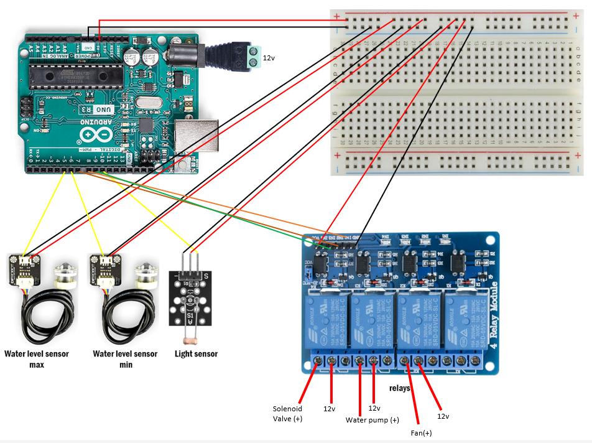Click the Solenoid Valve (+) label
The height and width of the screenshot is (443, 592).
(x=287, y=414)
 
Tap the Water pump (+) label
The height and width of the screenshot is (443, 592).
(x=372, y=420)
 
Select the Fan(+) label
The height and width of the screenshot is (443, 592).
(x=422, y=432)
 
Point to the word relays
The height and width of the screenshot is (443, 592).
(x=400, y=388)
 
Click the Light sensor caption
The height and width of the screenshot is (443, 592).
(x=196, y=354)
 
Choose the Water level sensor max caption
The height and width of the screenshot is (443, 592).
(x=37, y=359)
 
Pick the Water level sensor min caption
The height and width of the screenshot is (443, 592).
(x=125, y=359)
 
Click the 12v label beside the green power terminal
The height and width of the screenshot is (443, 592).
(x=269, y=57)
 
